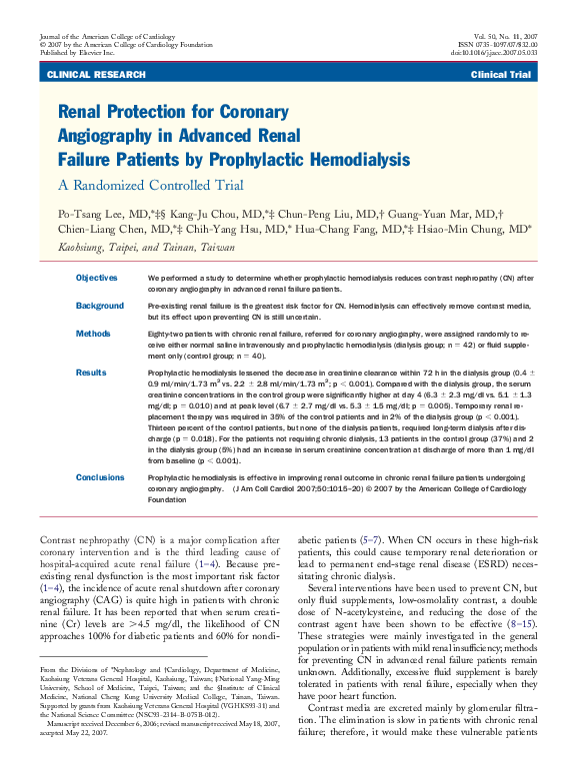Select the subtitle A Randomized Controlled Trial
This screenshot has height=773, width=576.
click(150, 185)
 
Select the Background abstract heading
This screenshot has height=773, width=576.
click(100, 305)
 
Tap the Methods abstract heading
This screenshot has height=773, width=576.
click(93, 334)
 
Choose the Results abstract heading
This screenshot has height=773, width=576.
click(91, 372)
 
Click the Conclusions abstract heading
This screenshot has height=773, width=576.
click(102, 477)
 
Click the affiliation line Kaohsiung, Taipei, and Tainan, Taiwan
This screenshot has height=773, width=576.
click(146, 246)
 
